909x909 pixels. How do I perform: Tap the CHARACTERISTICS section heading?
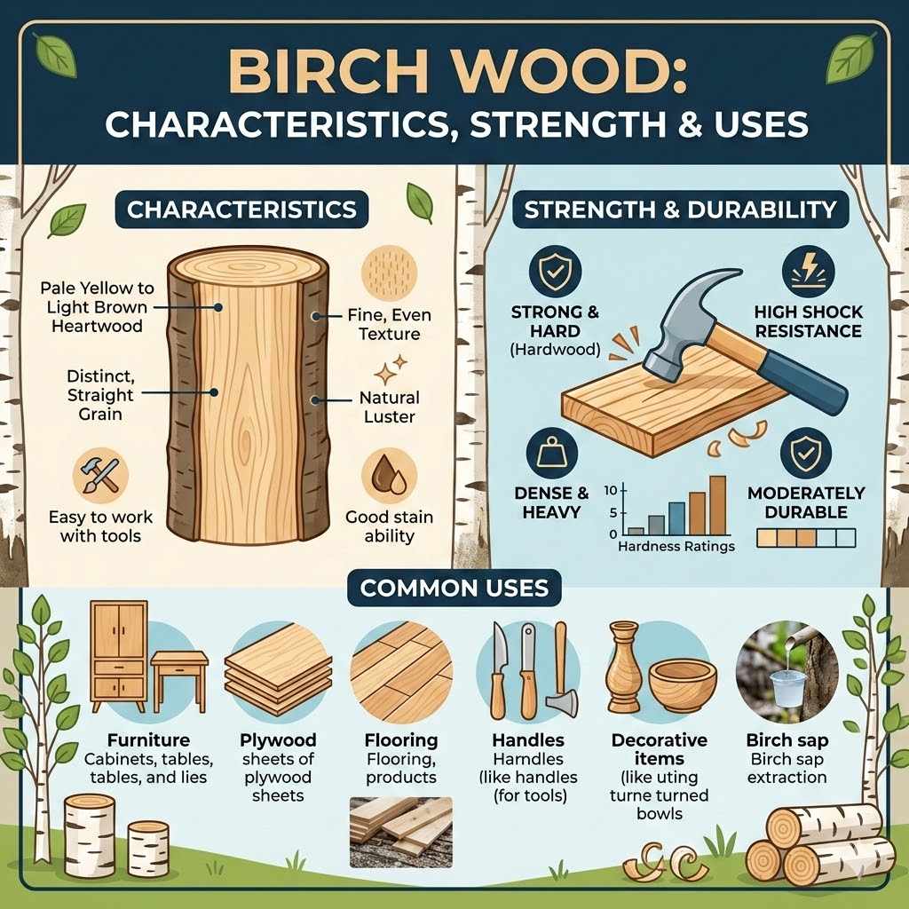241,210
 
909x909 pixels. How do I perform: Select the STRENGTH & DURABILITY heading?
680,210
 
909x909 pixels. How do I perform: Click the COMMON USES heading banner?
454,588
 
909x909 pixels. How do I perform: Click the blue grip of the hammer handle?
802,382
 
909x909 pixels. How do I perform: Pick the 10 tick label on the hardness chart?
610,490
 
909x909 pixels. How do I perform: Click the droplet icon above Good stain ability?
389,476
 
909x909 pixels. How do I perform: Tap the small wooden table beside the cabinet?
178,674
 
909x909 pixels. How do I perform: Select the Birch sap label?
787,739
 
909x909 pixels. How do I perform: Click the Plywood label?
278,739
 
